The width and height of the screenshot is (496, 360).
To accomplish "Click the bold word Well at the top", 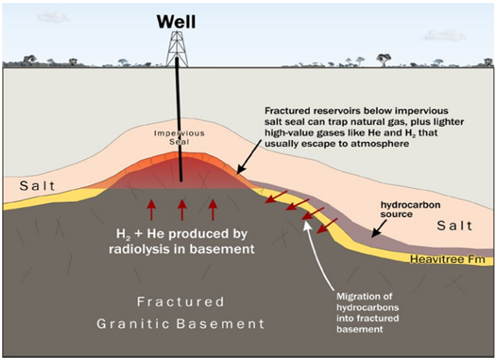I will (178, 21).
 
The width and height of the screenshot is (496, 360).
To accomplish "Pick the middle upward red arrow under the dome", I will (182, 209).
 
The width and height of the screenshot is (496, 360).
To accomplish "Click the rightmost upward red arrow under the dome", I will (213, 209).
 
